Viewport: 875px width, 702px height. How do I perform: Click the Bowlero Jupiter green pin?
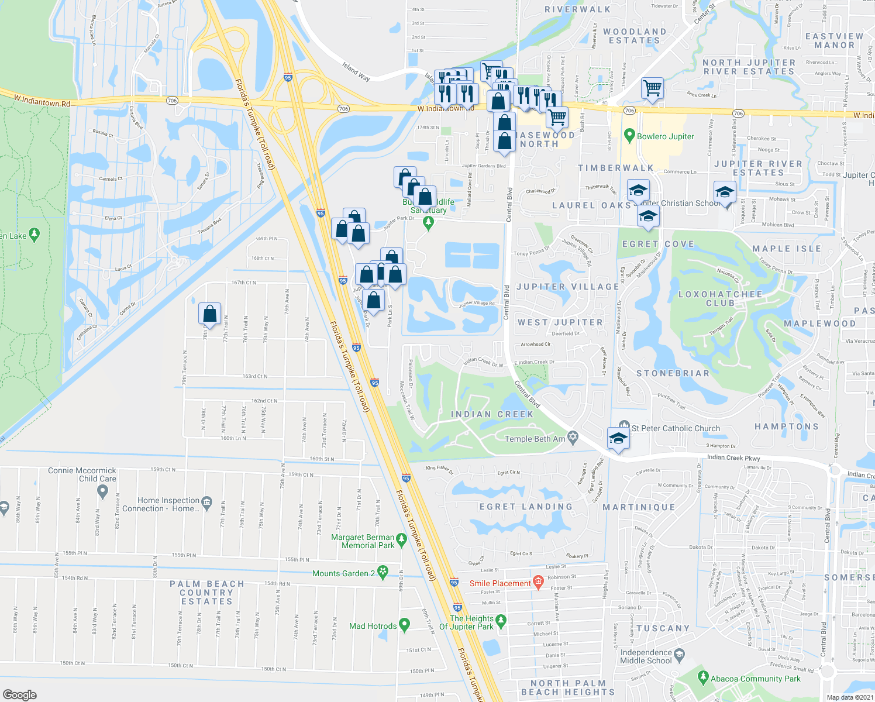click(x=629, y=136)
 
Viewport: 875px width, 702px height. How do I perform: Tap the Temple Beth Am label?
click(x=535, y=439)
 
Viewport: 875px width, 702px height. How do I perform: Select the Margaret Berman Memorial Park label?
click(x=363, y=541)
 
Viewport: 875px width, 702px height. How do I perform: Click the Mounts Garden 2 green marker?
click(x=383, y=573)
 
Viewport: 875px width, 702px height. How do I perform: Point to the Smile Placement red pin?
click(x=538, y=583)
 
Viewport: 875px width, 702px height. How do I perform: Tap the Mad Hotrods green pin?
click(x=404, y=625)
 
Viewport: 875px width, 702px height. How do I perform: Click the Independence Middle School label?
click(x=646, y=656)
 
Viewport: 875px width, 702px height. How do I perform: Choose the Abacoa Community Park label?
click(x=755, y=679)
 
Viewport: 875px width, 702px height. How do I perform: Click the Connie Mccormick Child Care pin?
click(x=103, y=493)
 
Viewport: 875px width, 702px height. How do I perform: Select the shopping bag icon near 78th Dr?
click(x=209, y=314)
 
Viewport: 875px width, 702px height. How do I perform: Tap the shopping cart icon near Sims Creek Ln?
click(x=652, y=89)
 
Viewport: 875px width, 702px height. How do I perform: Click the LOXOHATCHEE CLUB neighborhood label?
click(x=720, y=298)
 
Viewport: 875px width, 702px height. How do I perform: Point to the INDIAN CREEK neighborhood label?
click(x=492, y=414)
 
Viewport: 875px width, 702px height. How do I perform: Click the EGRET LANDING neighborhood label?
click(x=526, y=507)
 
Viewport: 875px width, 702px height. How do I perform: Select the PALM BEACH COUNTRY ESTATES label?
click(x=207, y=593)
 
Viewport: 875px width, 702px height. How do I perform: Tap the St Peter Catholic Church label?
click(x=676, y=428)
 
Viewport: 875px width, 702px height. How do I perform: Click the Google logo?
click(x=19, y=694)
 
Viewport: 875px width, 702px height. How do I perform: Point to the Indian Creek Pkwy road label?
click(x=733, y=457)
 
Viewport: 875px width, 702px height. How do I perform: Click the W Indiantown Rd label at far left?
click(x=42, y=101)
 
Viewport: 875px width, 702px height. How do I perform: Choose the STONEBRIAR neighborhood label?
click(x=673, y=373)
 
